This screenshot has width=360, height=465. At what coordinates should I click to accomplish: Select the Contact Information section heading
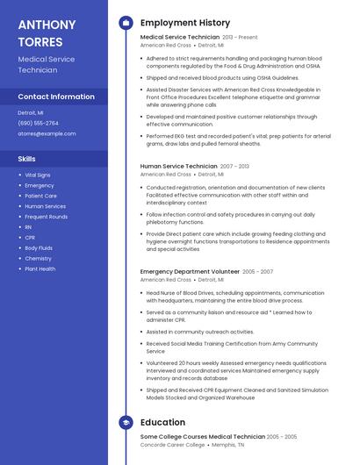(56, 97)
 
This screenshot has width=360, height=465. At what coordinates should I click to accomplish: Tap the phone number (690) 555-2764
(38, 123)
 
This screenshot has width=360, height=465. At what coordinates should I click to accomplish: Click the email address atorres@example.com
(47, 133)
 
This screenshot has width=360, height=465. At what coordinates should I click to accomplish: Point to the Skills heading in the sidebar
(27, 159)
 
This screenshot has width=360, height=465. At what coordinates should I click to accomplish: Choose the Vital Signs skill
(38, 175)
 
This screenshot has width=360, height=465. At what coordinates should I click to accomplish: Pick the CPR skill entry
(30, 238)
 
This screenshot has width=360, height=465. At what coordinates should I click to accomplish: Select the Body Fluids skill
(39, 248)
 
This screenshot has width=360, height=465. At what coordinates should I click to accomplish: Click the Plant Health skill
(40, 269)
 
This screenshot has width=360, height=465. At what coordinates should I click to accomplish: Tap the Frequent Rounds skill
(47, 217)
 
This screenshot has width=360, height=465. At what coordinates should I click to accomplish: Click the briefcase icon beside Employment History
(126, 23)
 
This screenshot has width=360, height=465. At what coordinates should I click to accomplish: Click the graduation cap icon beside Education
(126, 422)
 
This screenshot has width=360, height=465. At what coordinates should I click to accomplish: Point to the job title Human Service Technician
(178, 166)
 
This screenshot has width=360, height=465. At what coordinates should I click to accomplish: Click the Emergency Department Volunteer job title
(190, 272)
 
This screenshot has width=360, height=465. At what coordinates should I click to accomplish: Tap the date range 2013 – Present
(241, 38)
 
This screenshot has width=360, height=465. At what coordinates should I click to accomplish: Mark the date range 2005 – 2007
(257, 272)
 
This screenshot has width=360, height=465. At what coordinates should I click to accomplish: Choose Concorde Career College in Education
(172, 445)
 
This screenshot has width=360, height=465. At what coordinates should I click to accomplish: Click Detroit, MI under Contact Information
(31, 112)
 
